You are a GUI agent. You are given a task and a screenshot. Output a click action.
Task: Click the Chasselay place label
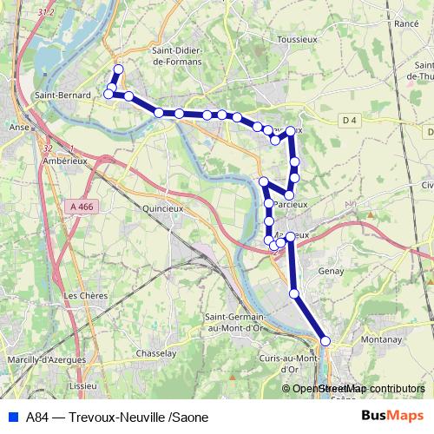[157, 353]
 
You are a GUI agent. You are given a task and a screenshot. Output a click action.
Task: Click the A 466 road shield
[78, 207]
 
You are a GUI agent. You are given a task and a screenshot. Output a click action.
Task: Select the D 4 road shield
[350, 120]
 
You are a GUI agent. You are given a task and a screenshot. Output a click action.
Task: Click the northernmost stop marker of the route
[118, 69]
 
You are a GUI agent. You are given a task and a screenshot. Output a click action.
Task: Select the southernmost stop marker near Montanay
[325, 341]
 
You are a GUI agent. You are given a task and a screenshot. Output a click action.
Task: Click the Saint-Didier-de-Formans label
[176, 56]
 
